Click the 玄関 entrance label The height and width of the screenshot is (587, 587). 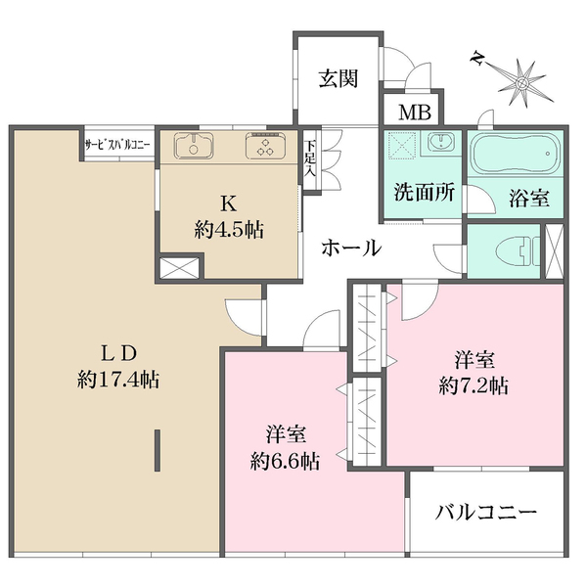coord(339,79)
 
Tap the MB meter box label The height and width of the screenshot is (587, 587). coord(415,112)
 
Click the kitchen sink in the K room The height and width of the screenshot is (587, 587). coord(194,145)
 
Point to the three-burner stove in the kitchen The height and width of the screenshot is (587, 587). coord(266,145)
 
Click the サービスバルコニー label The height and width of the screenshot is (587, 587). coord(117,145)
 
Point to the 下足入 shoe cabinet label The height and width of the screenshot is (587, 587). coord(310,158)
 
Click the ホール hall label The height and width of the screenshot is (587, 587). coord(351,248)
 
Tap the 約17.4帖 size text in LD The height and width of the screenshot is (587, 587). coord(118,380)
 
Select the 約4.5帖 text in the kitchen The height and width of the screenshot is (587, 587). coord(229,230)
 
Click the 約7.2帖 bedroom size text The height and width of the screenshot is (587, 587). coord(474,385)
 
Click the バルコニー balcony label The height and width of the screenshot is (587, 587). coord(486,512)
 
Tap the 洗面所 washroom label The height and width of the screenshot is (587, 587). coord(425,193)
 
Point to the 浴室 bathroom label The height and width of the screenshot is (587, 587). coord(529,198)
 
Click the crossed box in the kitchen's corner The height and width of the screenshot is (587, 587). coord(179,268)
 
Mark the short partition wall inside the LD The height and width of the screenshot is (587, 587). coord(158,450)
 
